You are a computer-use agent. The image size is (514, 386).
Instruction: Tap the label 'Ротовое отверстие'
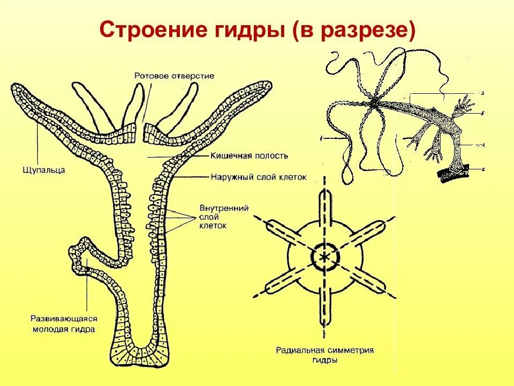point(174,76)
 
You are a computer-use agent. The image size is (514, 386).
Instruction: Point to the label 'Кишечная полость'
point(249,156)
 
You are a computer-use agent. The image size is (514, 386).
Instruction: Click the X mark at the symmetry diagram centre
point(324,257)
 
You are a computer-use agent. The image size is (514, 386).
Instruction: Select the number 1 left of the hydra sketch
point(322,139)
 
